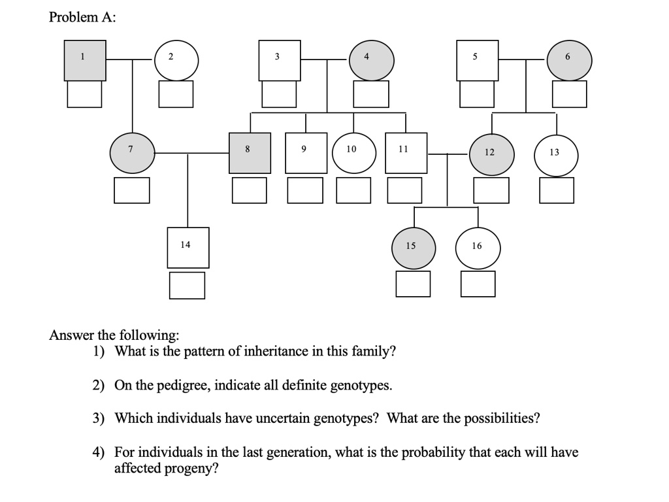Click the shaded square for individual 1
[85, 60]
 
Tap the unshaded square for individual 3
[280, 60]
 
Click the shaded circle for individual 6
[570, 60]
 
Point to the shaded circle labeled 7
[133, 153]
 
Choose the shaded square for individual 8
[250, 153]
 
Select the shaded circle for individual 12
[492, 154]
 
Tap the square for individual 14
[188, 247]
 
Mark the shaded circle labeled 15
[414, 248]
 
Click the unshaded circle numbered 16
[478, 248]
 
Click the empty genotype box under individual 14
[188, 285]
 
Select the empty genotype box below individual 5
[477, 94]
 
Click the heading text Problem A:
[82, 18]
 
